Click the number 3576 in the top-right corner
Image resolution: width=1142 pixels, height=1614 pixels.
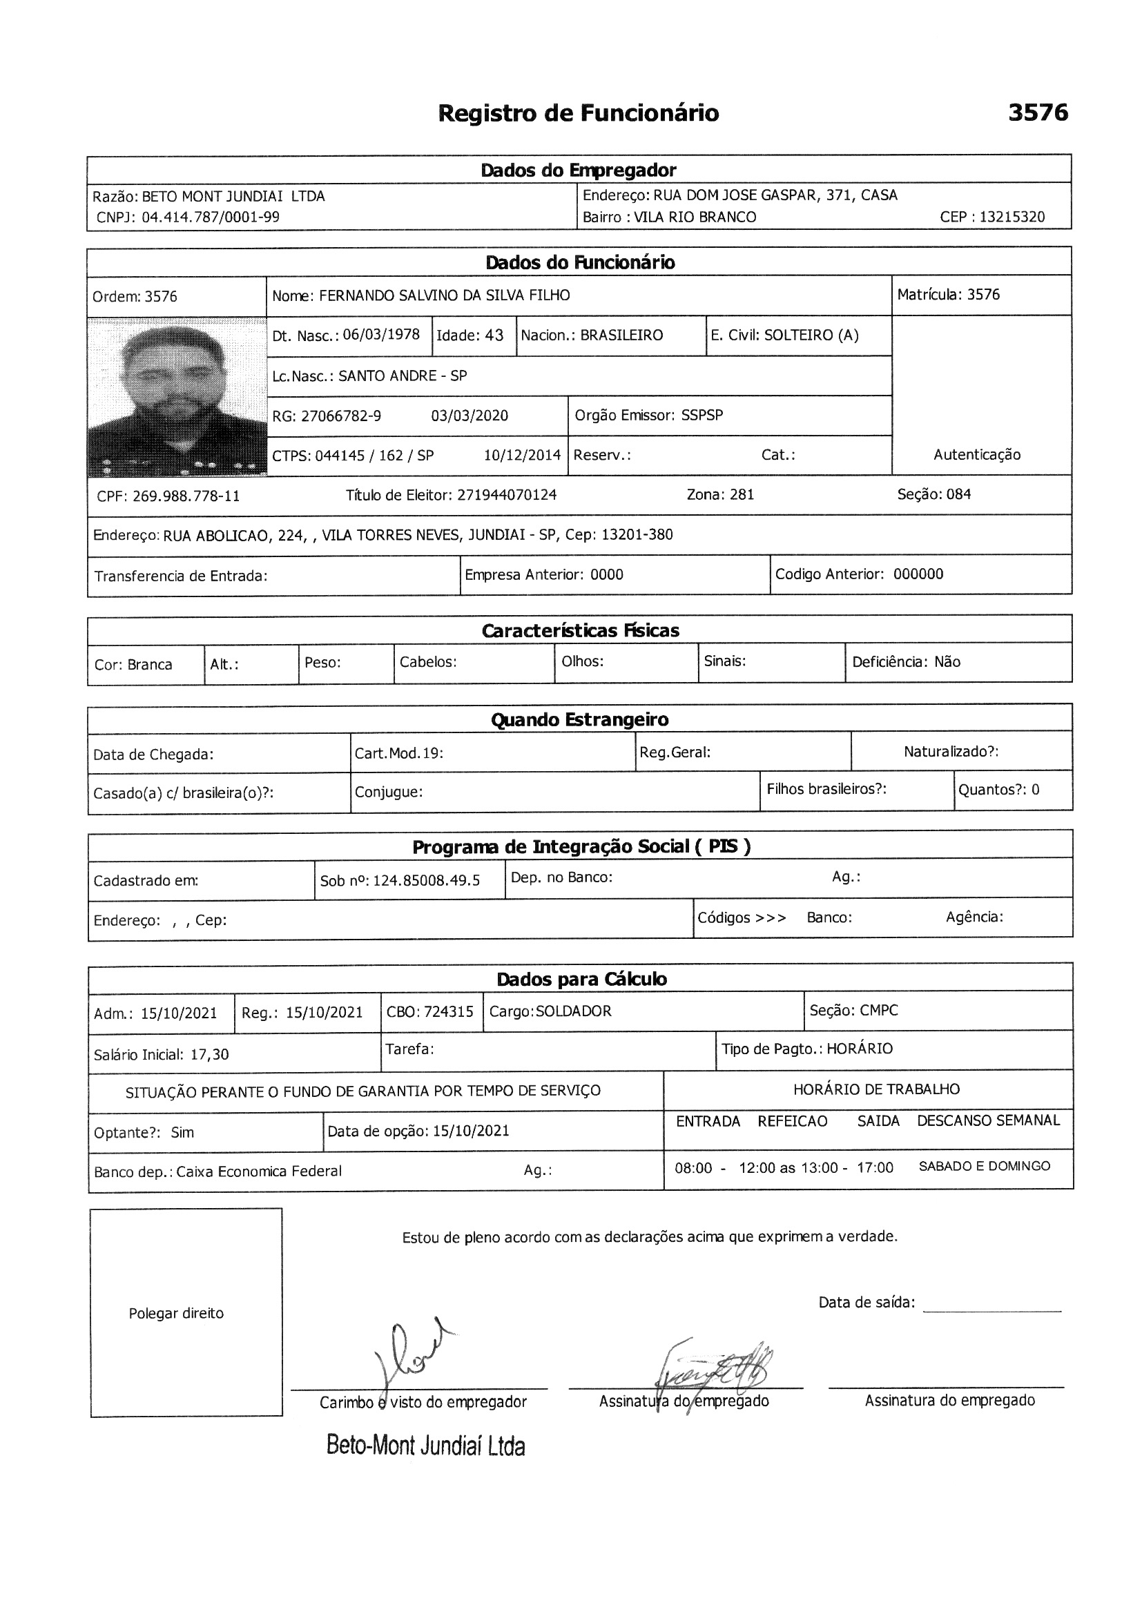[x=1037, y=113]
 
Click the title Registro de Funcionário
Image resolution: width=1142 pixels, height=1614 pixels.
[x=578, y=113]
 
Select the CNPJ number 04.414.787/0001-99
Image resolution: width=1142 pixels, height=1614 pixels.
[x=211, y=217]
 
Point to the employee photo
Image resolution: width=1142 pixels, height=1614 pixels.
[x=177, y=396]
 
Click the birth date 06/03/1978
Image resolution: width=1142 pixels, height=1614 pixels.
[x=381, y=335]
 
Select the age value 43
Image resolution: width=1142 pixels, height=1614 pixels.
[x=494, y=336]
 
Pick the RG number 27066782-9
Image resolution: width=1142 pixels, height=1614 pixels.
[x=341, y=416]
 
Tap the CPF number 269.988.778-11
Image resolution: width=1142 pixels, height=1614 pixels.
[x=186, y=496]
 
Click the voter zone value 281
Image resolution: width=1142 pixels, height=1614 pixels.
[x=741, y=495]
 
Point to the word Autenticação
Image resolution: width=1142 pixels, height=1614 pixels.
[x=976, y=455]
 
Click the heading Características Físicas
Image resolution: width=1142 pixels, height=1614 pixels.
[x=580, y=630]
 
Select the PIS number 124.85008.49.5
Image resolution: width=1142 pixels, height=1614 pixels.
[x=426, y=881]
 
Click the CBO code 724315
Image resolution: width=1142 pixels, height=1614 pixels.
[x=449, y=1011]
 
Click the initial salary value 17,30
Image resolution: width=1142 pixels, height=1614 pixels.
[x=210, y=1054]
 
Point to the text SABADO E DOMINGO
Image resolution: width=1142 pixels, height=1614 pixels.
[x=984, y=1166]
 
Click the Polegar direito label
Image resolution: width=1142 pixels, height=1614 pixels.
[x=176, y=1313]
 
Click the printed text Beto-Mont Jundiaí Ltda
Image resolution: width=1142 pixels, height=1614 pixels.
[x=425, y=1446]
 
